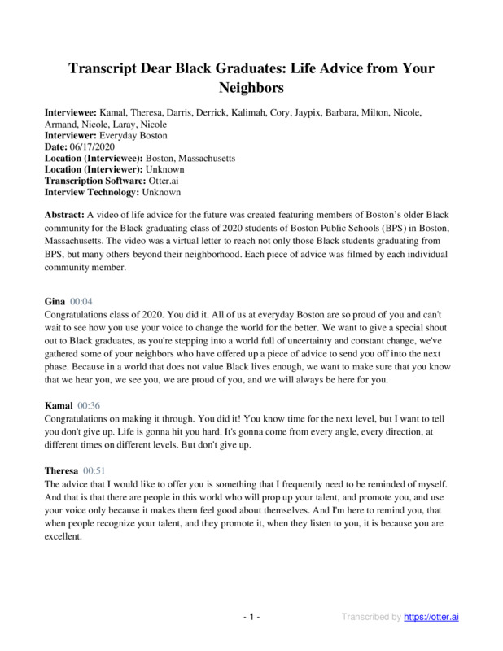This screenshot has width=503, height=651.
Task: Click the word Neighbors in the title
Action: [x=251, y=87]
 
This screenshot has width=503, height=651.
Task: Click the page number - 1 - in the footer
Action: [x=251, y=618]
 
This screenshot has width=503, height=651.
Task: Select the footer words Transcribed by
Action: [x=370, y=618]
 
